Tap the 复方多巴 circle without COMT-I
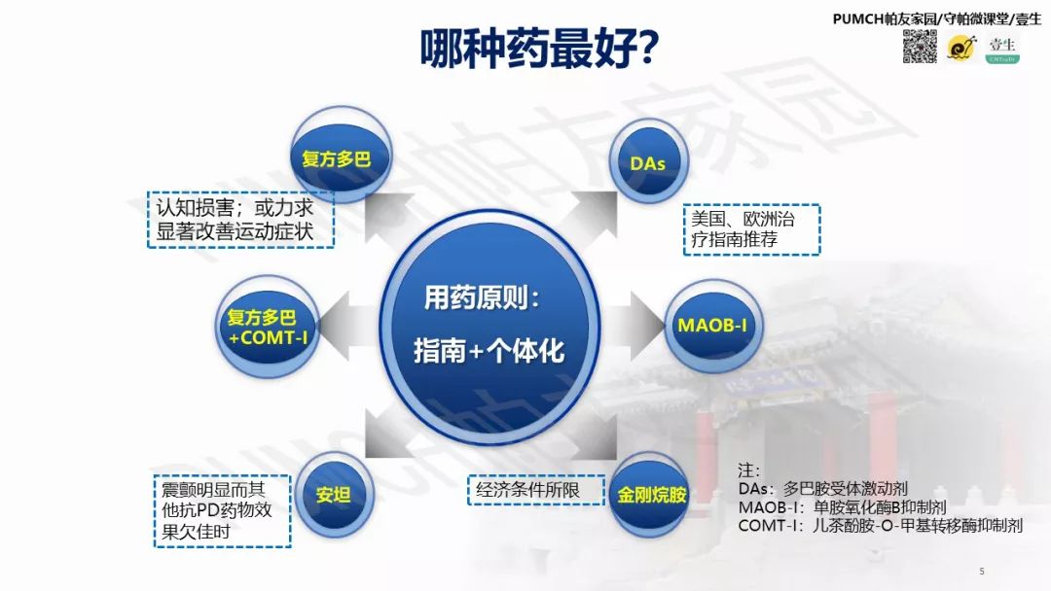337,158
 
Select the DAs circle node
648,163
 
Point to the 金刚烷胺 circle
651,494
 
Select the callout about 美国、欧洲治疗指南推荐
750,229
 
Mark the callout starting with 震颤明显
222,510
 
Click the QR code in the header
920,47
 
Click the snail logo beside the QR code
961,47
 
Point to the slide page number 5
982,571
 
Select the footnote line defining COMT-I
880,526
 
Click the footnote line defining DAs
822,489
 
